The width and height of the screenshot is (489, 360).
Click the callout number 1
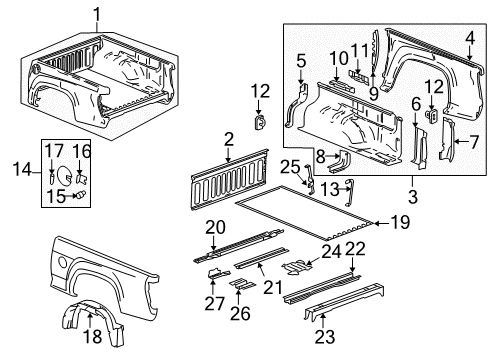coord(97,13)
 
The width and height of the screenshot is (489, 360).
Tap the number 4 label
coord(469,39)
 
